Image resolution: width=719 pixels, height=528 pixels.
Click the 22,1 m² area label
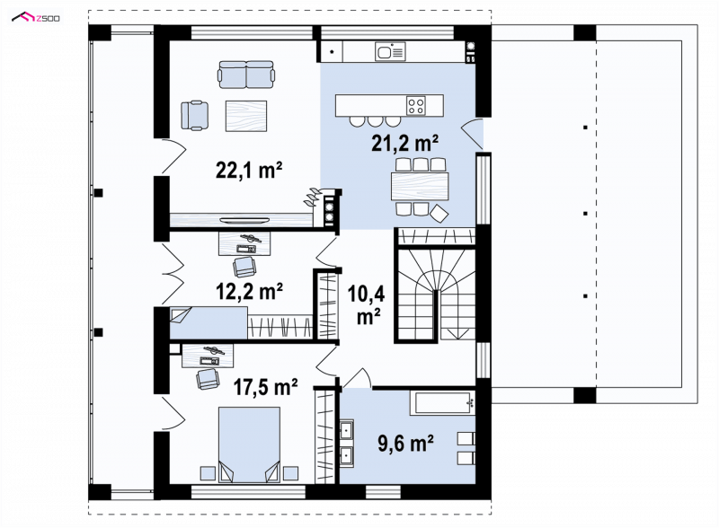249,170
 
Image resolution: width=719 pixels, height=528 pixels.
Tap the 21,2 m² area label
404,143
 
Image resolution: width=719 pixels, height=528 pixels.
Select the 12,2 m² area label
249,291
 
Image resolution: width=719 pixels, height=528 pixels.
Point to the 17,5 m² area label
265,386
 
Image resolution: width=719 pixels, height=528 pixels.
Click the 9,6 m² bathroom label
406,444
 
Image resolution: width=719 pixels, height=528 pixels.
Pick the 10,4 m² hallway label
366,304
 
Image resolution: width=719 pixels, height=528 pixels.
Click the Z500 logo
36,18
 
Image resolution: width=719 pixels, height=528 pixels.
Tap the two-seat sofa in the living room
246,75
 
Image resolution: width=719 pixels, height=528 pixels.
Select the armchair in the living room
194,115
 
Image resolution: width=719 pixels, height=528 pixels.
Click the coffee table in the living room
245,116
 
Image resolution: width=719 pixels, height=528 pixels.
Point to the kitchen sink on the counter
390,51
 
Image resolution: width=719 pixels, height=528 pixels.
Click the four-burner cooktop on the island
416,105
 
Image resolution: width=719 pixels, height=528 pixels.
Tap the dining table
420,186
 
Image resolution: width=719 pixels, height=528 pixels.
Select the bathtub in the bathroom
442,403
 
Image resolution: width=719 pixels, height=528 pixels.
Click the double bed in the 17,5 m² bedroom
249,444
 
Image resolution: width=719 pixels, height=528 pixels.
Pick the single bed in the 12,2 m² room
209,322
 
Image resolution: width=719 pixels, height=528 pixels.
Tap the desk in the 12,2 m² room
244,243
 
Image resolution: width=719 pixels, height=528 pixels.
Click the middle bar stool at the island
375,121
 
